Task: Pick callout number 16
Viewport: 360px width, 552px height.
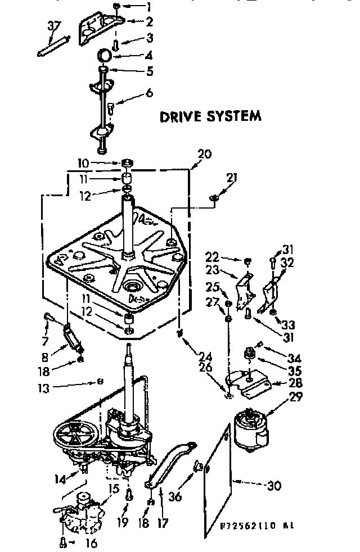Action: point(91,543)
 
